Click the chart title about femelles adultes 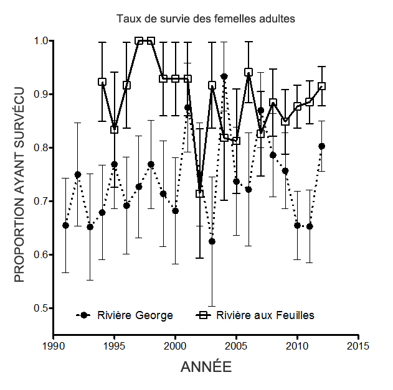(x=206, y=19)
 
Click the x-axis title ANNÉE (x=206, y=368)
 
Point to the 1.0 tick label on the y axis (x=41, y=41)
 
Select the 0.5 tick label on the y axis (x=41, y=309)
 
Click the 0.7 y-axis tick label (x=41, y=202)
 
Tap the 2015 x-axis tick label (x=358, y=346)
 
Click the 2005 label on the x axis (x=236, y=346)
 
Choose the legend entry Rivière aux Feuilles (x=265, y=315)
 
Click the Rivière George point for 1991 (x=65, y=225)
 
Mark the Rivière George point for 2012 (x=322, y=146)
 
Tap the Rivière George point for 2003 (x=212, y=241)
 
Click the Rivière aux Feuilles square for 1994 (x=102, y=82)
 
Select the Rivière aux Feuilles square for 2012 (x=322, y=86)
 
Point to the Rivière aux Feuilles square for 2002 (x=200, y=193)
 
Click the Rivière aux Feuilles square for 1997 (x=139, y=41)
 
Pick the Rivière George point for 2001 (x=187, y=108)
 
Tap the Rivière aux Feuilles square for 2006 (x=249, y=72)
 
